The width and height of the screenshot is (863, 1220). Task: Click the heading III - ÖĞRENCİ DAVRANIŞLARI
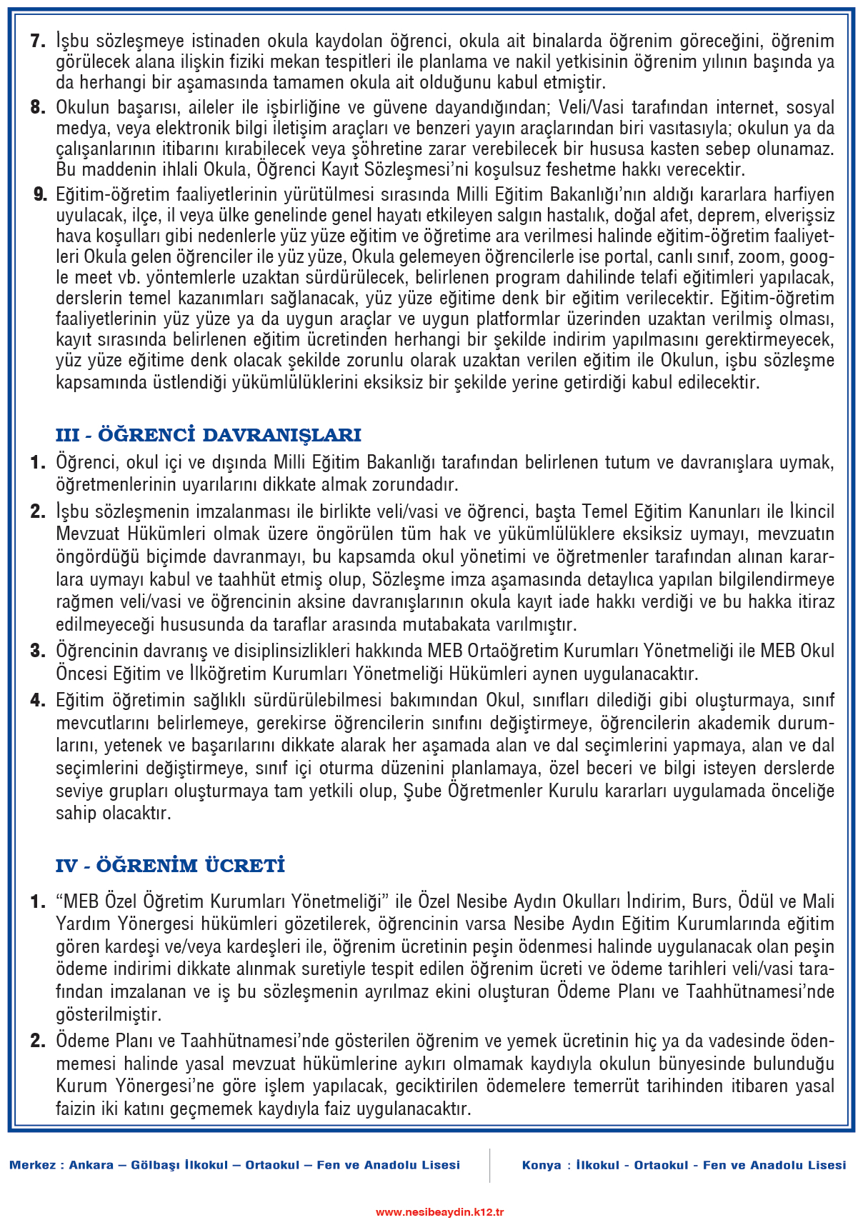pos(208,435)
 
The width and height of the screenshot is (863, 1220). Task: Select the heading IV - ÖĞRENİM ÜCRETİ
pos(170,866)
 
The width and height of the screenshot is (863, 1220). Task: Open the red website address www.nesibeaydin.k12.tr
pos(439,1211)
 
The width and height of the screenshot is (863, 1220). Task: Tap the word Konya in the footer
pos(542,1165)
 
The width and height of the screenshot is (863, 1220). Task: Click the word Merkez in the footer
pos(33,1165)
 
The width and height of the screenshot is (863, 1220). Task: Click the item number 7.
pos(38,41)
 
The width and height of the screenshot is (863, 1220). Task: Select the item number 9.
pos(40,194)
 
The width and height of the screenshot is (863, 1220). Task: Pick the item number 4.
pos(38,700)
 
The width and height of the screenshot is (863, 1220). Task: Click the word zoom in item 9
pos(759,256)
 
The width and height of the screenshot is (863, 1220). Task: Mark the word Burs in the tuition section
pos(709,901)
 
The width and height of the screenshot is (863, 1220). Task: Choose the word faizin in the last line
pos(77,1109)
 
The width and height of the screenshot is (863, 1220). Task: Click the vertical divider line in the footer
pos(490,1165)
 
